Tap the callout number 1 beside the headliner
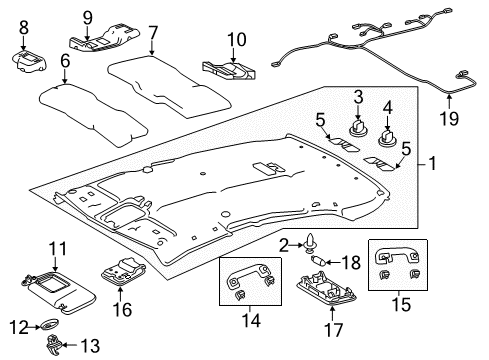pyautogui.click(x=432, y=161)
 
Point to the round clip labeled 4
pyautogui.click(x=387, y=129)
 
